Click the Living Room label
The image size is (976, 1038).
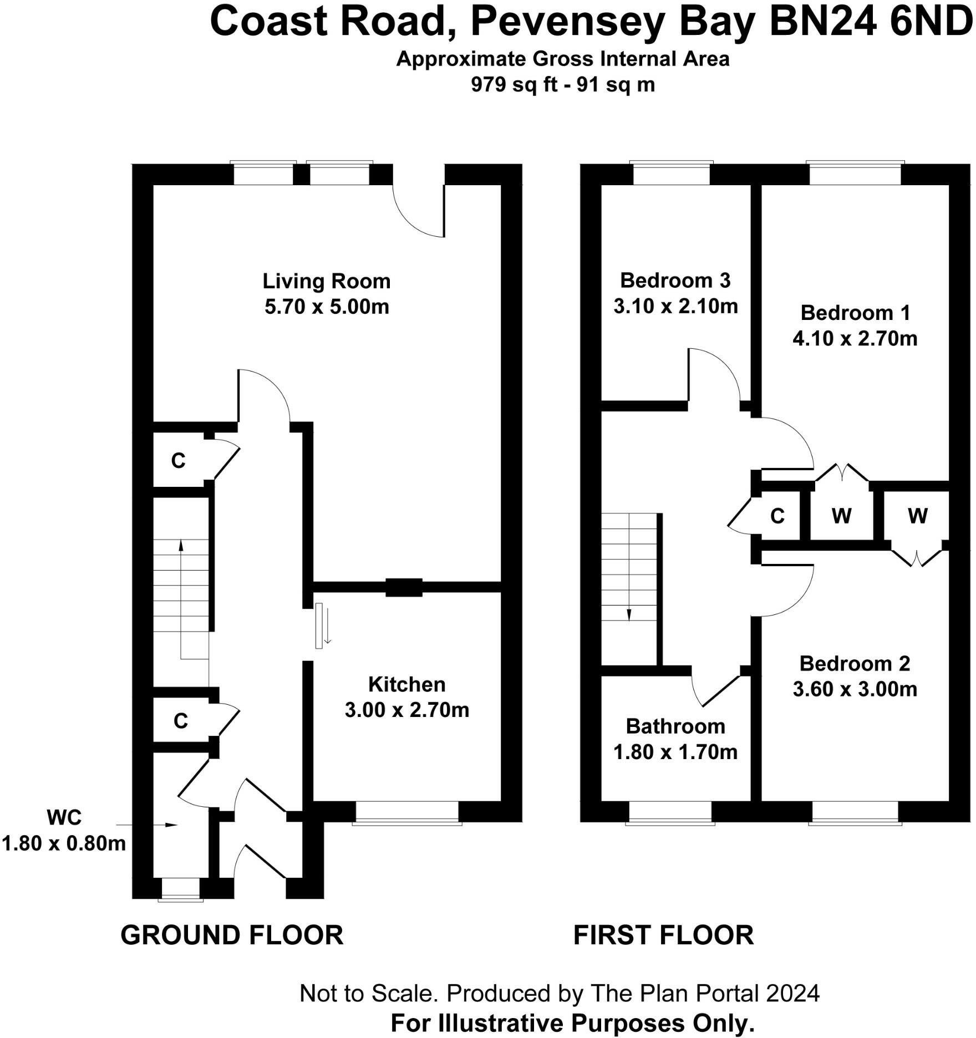[327, 282]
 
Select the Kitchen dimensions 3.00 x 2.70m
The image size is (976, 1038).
[407, 710]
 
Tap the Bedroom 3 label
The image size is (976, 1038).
[675, 281]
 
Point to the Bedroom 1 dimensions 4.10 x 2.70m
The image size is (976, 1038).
[855, 339]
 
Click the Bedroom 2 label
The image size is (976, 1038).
[855, 664]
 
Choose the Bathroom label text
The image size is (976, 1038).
[675, 726]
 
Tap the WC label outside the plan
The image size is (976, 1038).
[64, 818]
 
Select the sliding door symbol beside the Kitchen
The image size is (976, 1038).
[319, 626]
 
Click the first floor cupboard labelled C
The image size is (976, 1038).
[777, 516]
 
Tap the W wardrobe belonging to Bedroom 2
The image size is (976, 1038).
[917, 516]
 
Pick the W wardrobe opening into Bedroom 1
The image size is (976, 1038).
[841, 516]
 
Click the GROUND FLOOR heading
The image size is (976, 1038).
[232, 935]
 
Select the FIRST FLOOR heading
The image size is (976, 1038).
[663, 935]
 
